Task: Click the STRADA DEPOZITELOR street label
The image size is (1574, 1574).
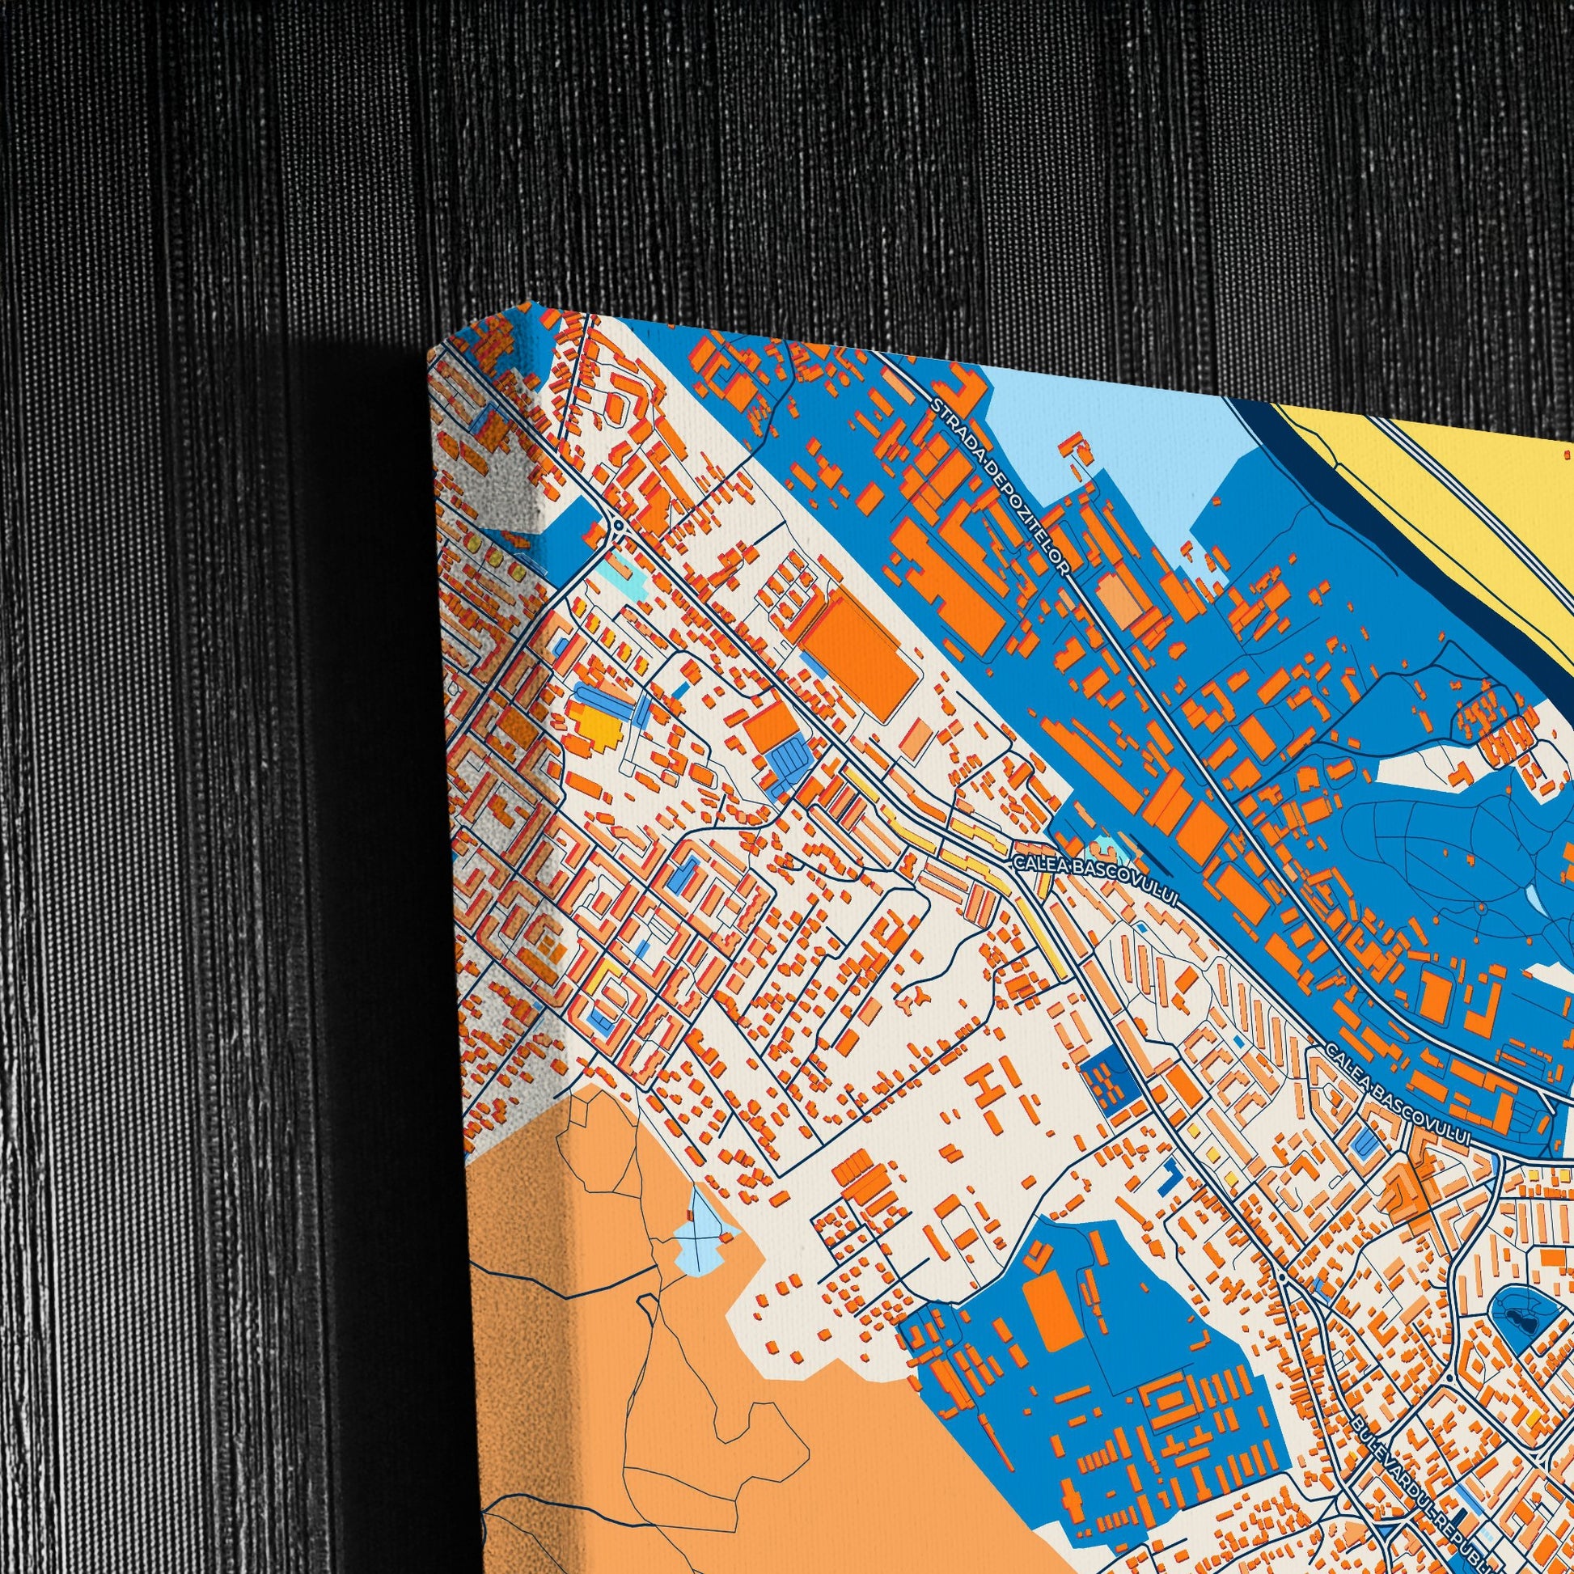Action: pos(1001,480)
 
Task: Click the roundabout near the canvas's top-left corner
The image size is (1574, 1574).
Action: pos(617,525)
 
